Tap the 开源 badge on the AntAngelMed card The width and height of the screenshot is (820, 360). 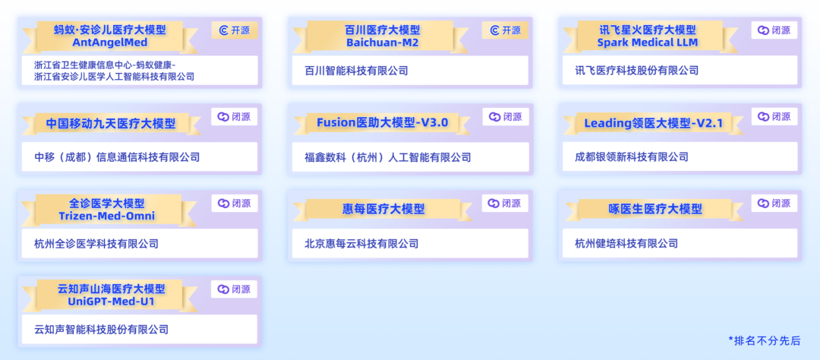click(235, 30)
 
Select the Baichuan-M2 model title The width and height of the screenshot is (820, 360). click(382, 36)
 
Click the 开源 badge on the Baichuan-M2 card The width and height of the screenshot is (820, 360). click(505, 30)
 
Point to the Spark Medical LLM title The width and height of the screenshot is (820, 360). click(648, 36)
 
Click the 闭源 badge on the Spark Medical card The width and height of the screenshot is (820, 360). click(774, 30)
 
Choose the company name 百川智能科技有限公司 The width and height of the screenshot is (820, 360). click(356, 71)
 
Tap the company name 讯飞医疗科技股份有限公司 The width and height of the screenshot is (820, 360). click(636, 71)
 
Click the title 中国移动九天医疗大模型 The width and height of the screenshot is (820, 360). click(111, 124)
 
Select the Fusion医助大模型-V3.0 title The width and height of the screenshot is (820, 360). click(382, 123)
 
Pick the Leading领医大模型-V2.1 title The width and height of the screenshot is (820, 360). click(653, 124)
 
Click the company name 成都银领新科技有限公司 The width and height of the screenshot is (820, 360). click(631, 157)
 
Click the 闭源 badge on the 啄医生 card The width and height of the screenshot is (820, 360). click(774, 203)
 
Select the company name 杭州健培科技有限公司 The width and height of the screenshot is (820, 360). click(626, 243)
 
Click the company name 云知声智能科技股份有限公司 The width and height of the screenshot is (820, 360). click(102, 330)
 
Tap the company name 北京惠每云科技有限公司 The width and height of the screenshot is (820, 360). click(361, 243)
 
